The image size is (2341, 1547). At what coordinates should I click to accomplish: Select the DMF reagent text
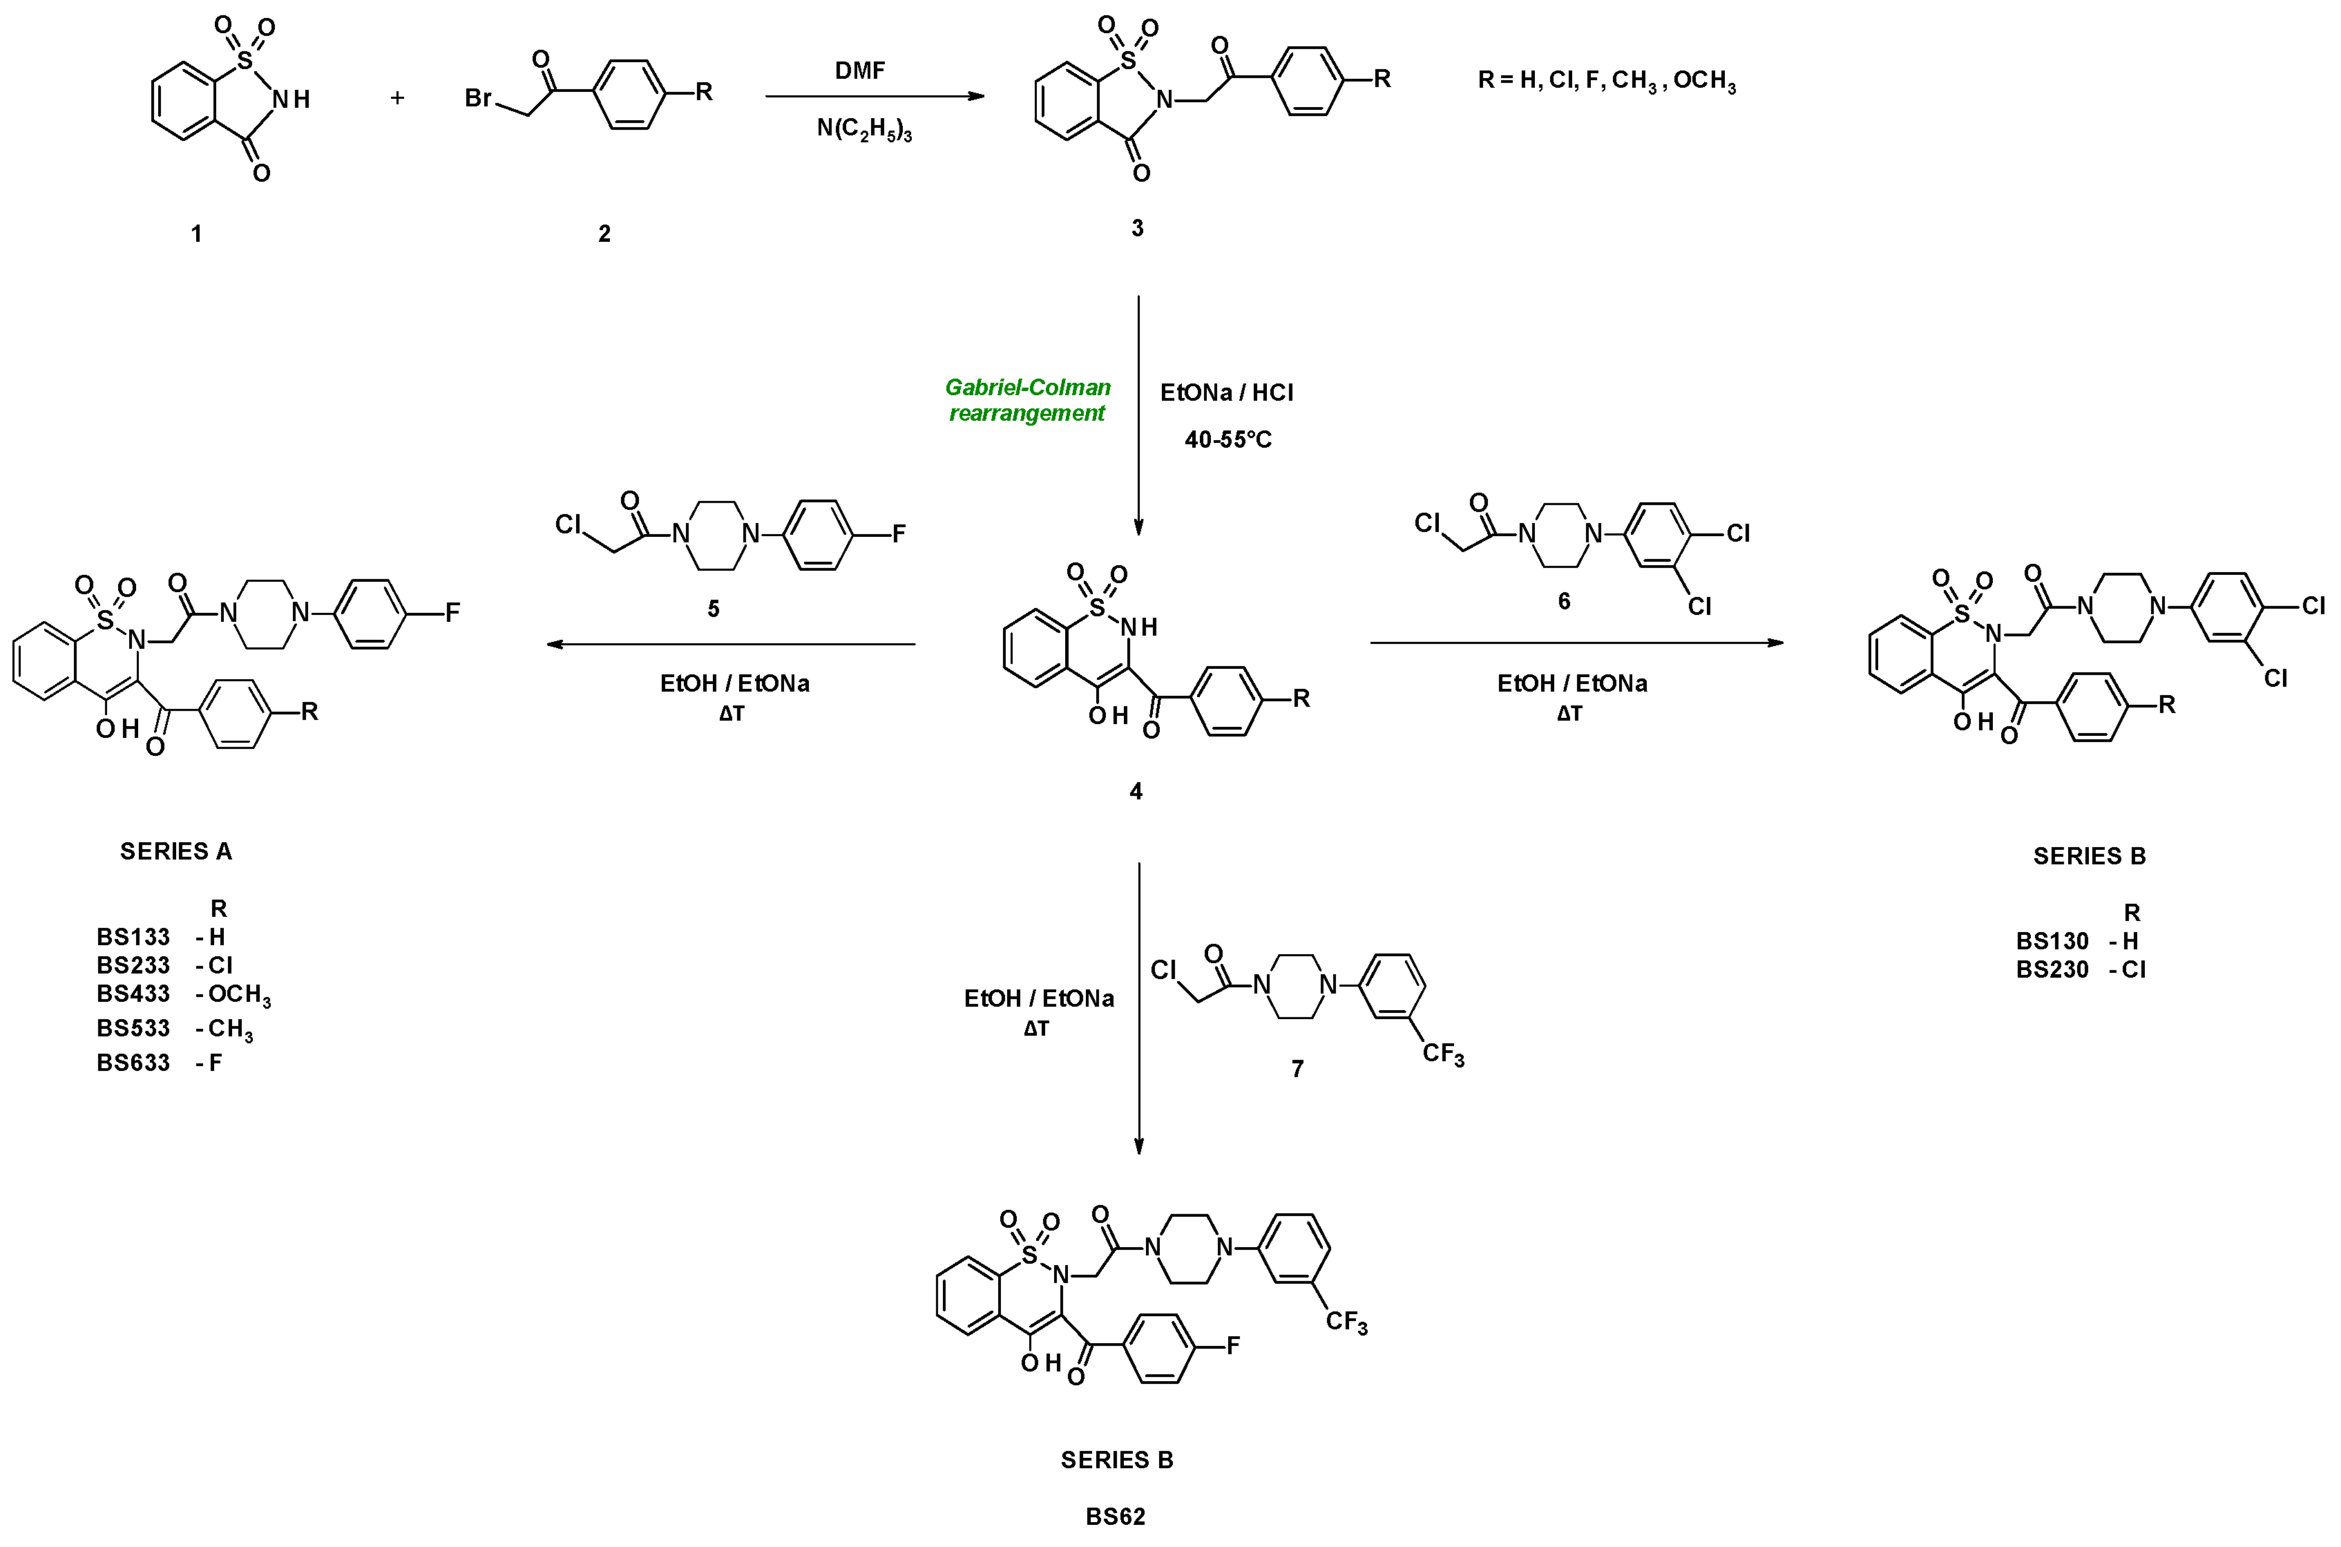(860, 70)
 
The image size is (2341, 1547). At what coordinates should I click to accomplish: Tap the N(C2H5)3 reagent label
(864, 129)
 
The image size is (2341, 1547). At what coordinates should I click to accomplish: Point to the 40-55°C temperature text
(1227, 440)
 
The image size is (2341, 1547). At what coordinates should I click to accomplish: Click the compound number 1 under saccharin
(196, 234)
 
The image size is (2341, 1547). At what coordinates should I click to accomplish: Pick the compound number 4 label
(1136, 791)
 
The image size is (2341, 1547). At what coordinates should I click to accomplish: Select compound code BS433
(133, 994)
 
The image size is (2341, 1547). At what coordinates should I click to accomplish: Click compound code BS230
(2052, 970)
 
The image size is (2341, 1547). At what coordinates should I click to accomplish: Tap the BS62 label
(1116, 1517)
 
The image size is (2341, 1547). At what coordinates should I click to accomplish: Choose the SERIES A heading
(175, 851)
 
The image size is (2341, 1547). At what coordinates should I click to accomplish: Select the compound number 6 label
(1564, 601)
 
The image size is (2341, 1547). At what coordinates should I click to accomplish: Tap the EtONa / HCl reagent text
(1227, 392)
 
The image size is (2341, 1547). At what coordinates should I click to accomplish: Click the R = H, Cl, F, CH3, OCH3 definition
(1606, 81)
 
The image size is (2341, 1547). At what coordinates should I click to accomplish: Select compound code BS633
(133, 1063)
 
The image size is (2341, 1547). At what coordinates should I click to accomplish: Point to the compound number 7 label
(1298, 1068)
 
